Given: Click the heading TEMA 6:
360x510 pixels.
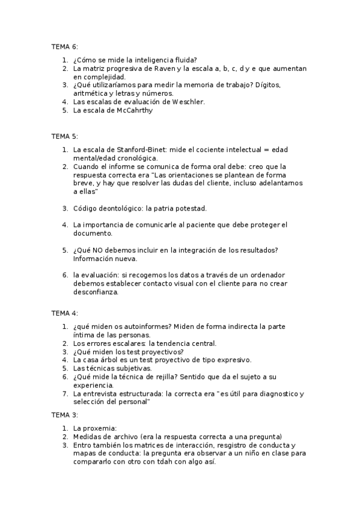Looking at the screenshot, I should [x=65, y=46].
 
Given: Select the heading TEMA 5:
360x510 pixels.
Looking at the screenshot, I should [x=65, y=137].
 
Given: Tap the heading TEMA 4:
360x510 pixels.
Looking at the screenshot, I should [x=65, y=313].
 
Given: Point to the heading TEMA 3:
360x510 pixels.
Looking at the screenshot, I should [x=65, y=415].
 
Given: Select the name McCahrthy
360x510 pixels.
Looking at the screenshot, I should [x=125, y=111].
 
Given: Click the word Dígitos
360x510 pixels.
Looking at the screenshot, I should [x=267, y=85].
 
